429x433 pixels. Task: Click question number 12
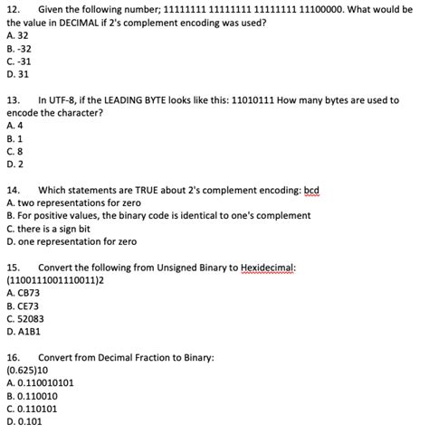coord(13,8)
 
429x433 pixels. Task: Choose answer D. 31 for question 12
coord(19,74)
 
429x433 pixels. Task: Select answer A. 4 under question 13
coord(14,126)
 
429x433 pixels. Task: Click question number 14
coord(13,191)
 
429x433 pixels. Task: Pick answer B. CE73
coord(23,306)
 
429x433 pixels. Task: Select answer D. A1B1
coord(24,332)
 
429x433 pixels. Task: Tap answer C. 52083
coord(24,319)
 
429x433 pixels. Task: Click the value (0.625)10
coord(29,371)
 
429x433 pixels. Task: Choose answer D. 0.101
coord(23,421)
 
